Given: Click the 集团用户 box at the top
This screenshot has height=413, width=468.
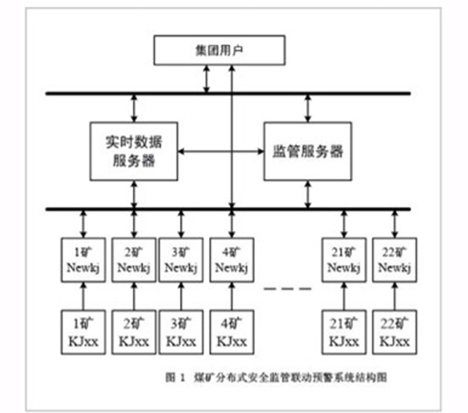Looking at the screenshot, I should click(x=219, y=50).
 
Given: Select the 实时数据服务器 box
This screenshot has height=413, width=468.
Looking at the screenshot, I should click(x=134, y=151).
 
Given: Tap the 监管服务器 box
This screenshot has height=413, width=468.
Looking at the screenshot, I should click(x=308, y=151).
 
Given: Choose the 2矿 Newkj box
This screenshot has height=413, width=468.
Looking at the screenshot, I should click(x=134, y=260).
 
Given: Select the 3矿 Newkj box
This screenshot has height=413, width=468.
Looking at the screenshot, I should click(x=181, y=260).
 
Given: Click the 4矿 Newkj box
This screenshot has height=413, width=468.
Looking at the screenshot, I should click(x=232, y=260).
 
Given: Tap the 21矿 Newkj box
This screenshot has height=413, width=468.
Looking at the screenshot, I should click(x=344, y=260).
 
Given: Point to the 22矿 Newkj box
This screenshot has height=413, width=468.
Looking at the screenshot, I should click(x=395, y=260).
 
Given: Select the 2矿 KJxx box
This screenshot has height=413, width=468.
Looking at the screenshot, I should click(x=134, y=332).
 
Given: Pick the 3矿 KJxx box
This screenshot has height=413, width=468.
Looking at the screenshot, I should click(x=181, y=332).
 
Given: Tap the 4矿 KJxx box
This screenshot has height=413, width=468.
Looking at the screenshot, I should click(x=232, y=332).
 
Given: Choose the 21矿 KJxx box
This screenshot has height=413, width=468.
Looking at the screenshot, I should click(x=344, y=332).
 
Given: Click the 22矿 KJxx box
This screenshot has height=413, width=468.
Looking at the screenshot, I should click(x=395, y=332).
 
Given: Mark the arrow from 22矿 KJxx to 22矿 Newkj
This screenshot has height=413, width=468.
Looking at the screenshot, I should click(x=395, y=296).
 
